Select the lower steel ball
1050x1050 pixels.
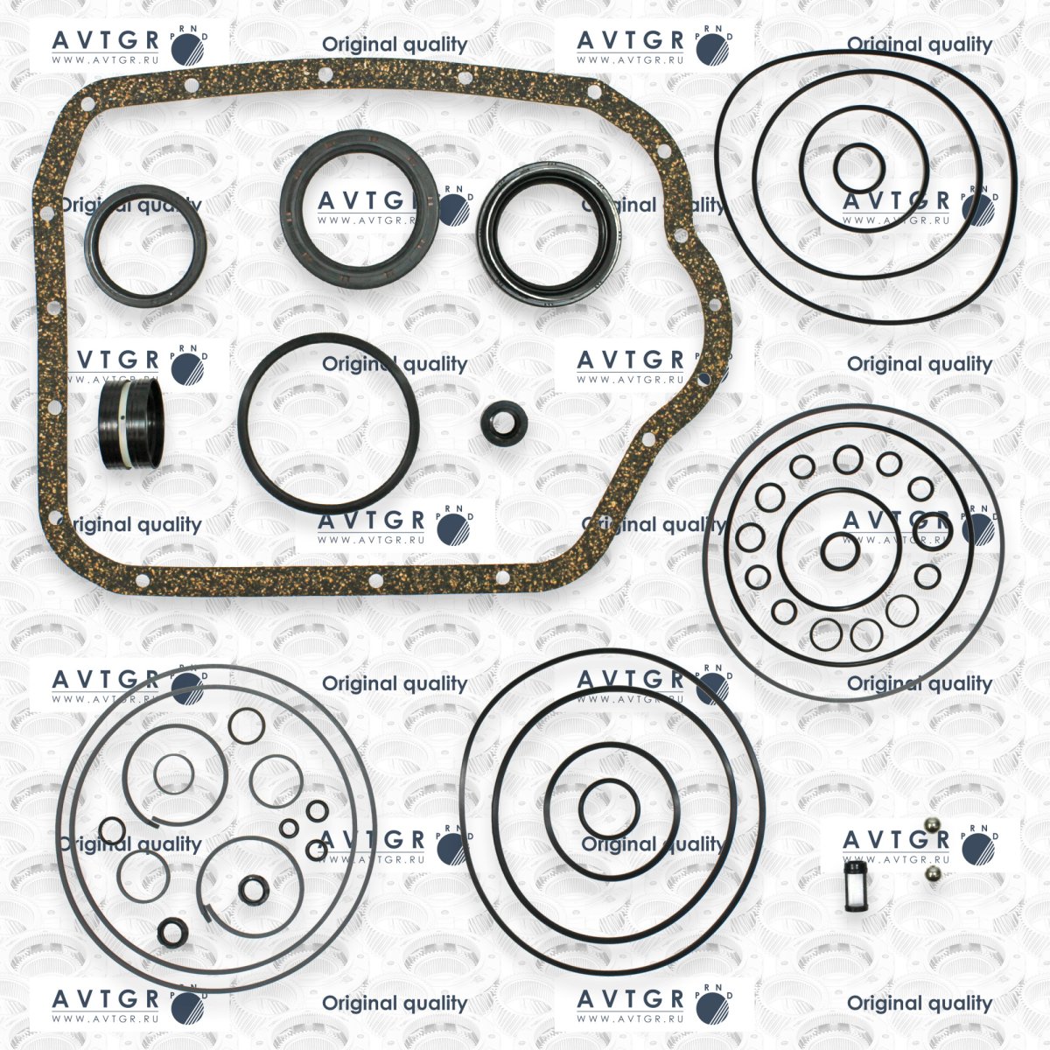coord(934,873)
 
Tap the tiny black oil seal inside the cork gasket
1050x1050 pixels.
coord(504,423)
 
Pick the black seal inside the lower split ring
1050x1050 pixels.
coord(254,889)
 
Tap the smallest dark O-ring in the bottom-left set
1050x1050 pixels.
coord(289,829)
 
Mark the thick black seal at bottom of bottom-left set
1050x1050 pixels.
coord(172,932)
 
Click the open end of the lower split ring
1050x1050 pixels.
coord(206,911)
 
